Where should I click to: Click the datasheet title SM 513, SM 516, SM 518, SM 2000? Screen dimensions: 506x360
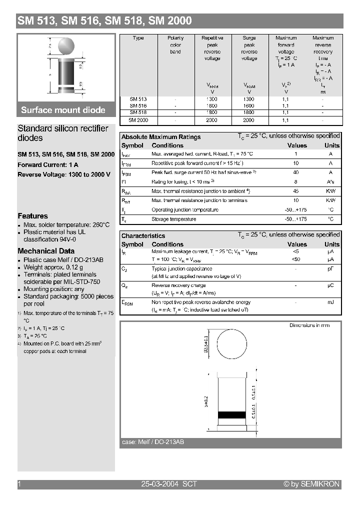(104, 21)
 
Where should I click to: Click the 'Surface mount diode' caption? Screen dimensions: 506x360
(63, 110)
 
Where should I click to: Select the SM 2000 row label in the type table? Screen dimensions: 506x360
(138, 120)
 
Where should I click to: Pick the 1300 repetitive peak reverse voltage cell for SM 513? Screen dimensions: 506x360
(212, 99)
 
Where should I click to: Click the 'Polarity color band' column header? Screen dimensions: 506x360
(175, 45)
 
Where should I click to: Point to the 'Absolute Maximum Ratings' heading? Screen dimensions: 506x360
(161, 137)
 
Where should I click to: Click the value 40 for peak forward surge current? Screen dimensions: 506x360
(296, 172)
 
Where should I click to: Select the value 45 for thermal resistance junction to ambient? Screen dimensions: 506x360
(296, 191)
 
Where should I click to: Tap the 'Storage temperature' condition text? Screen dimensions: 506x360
(174, 219)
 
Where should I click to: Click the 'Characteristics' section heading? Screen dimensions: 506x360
(143, 235)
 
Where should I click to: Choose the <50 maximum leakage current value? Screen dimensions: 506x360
(296, 260)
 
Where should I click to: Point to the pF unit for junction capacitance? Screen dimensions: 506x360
(330, 269)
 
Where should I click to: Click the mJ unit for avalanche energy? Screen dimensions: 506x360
(330, 302)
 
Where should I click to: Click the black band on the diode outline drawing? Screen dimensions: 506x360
(232, 414)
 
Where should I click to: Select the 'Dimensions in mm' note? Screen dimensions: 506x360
(309, 325)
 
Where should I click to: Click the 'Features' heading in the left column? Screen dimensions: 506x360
(32, 216)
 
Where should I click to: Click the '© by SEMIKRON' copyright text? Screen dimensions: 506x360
(311, 484)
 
